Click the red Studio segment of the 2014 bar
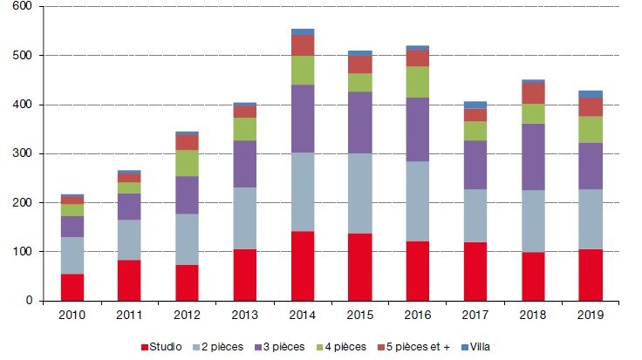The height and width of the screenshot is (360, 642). (x=304, y=265)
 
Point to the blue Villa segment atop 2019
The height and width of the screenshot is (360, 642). (x=591, y=93)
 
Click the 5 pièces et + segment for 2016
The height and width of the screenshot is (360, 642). (x=418, y=58)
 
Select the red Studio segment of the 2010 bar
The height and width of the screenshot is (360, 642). (x=72, y=287)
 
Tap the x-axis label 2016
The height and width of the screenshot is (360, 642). (x=418, y=316)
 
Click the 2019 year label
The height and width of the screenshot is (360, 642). (x=591, y=316)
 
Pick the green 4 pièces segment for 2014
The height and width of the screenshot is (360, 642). (x=304, y=70)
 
